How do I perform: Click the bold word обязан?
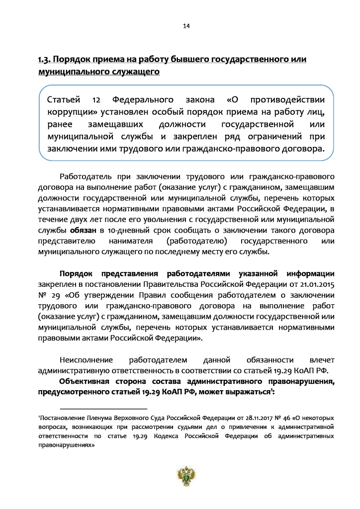coord(83,231)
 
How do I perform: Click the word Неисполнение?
coord(86,359)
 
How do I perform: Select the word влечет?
coord(309,359)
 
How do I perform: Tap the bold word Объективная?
coord(86,381)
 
